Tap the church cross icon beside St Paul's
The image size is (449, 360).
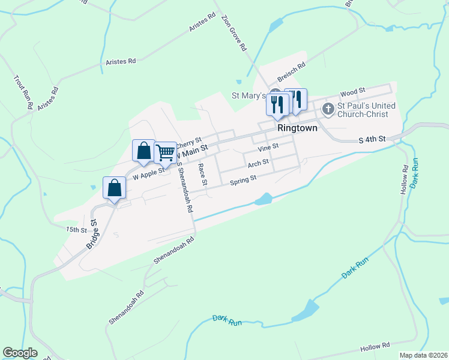click(x=328, y=109)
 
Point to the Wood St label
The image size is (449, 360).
click(x=352, y=92)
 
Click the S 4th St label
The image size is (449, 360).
click(x=371, y=140)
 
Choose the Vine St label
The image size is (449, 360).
click(x=268, y=147)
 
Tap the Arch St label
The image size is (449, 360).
click(x=257, y=163)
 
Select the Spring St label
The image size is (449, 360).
click(x=243, y=178)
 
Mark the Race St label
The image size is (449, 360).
click(x=203, y=173)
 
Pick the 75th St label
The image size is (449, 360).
click(x=77, y=229)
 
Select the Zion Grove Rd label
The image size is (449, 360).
click(x=234, y=32)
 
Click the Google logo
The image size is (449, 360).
click(x=20, y=353)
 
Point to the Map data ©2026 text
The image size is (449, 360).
click(x=424, y=355)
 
